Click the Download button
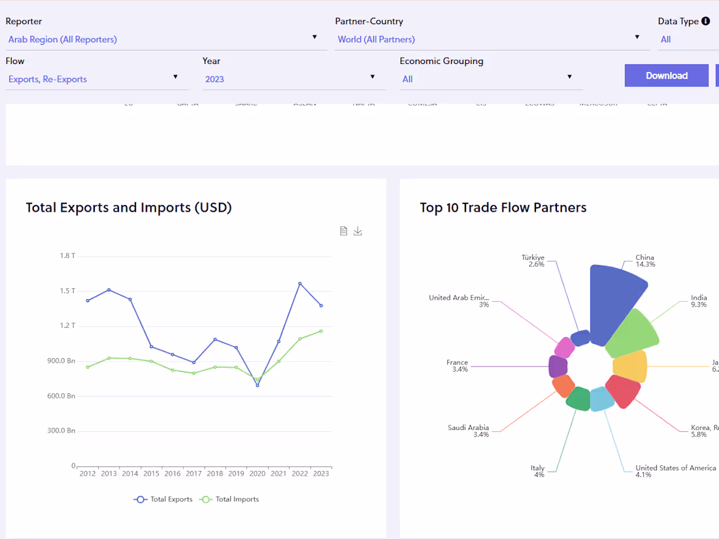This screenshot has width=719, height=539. (666, 76)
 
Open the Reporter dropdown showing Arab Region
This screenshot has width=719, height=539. (163, 39)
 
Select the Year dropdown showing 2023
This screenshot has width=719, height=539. (291, 79)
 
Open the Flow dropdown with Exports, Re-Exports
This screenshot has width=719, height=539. (94, 79)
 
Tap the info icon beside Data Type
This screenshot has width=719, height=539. (705, 21)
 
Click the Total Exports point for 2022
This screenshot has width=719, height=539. (300, 284)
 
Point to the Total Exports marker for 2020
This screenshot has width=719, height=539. (258, 385)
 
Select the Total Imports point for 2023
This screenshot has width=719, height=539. (321, 331)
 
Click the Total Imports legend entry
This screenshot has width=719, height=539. (229, 499)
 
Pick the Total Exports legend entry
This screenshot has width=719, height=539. (163, 499)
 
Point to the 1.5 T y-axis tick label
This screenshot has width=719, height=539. (67, 291)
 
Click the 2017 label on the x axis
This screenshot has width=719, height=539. (193, 474)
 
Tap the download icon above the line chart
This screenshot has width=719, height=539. (358, 231)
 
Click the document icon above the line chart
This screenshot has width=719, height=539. (344, 231)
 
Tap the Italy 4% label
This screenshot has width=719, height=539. (538, 471)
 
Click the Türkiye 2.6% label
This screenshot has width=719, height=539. (533, 261)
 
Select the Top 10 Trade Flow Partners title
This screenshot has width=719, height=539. (503, 208)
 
